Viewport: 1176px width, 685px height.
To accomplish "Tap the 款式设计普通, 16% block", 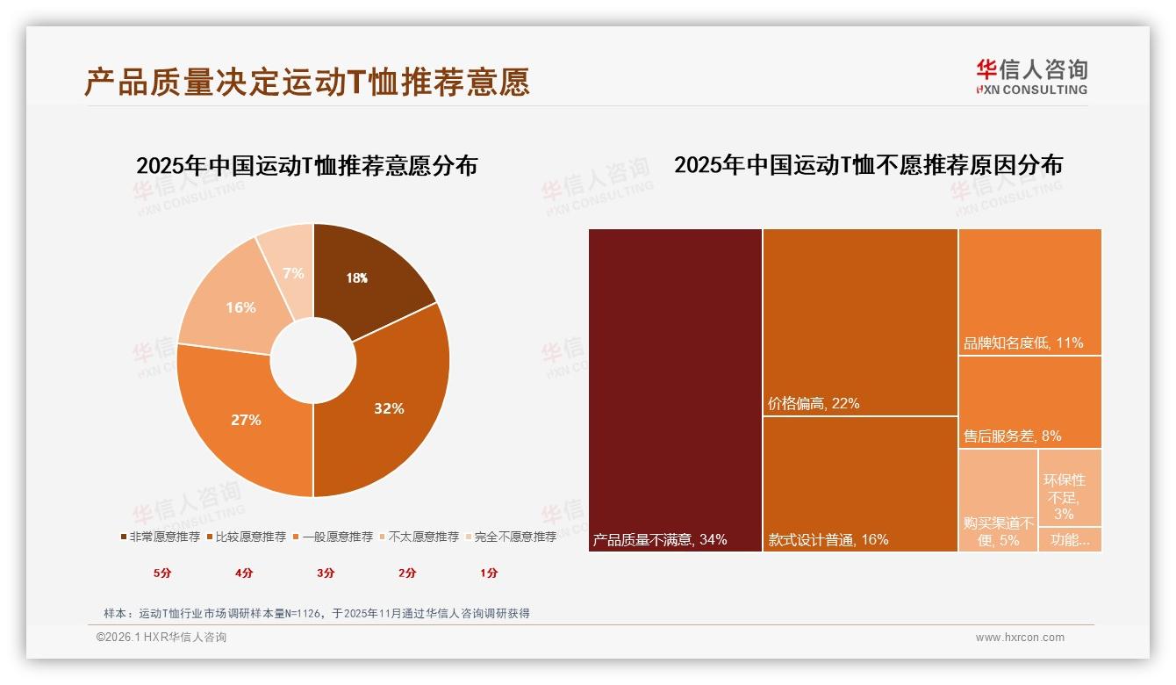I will coord(860,483).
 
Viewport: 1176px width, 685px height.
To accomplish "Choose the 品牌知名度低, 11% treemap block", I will coord(1029,292).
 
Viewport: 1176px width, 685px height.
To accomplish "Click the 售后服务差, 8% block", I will coord(1029,402).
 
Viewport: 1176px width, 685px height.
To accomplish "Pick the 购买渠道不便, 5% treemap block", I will coord(998,501).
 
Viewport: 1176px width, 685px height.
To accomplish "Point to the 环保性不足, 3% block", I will coord(1069,488).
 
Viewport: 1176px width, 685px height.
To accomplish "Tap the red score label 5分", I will coord(162,573).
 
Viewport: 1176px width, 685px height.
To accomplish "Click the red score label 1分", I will coord(489,573).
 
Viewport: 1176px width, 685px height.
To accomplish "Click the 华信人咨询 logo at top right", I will coord(1031,76).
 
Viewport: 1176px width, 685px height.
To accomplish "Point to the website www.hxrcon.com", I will coord(1020,638).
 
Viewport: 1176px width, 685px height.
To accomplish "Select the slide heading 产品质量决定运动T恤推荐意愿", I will coord(307,83).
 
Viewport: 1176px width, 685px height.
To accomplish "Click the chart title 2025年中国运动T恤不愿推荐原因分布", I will coord(868,165).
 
